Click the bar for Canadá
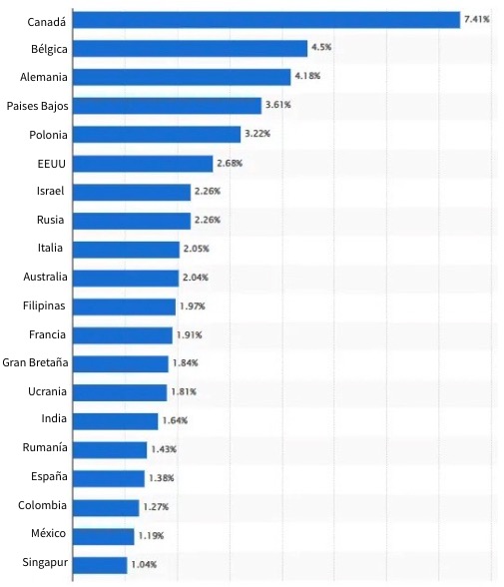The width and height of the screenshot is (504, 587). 266,19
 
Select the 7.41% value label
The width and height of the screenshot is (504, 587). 477,19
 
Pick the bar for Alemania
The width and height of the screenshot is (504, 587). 181,77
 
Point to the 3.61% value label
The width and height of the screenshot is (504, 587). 276,105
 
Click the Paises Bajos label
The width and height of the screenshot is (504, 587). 37,105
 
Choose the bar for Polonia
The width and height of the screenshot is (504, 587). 157,134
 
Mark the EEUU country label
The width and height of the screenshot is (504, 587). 52,163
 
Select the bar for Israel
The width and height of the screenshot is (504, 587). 132,192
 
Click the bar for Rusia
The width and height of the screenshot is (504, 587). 132,221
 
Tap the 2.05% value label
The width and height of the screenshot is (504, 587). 196,249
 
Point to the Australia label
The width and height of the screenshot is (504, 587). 45,277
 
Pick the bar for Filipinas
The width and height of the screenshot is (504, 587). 124,306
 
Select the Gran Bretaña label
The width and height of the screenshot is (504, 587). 35,362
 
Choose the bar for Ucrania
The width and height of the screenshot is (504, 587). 120,392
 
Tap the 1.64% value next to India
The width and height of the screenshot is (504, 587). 175,421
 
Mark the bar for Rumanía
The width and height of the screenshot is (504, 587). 110,450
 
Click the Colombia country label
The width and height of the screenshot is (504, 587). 43,505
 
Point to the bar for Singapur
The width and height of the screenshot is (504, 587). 100,565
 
